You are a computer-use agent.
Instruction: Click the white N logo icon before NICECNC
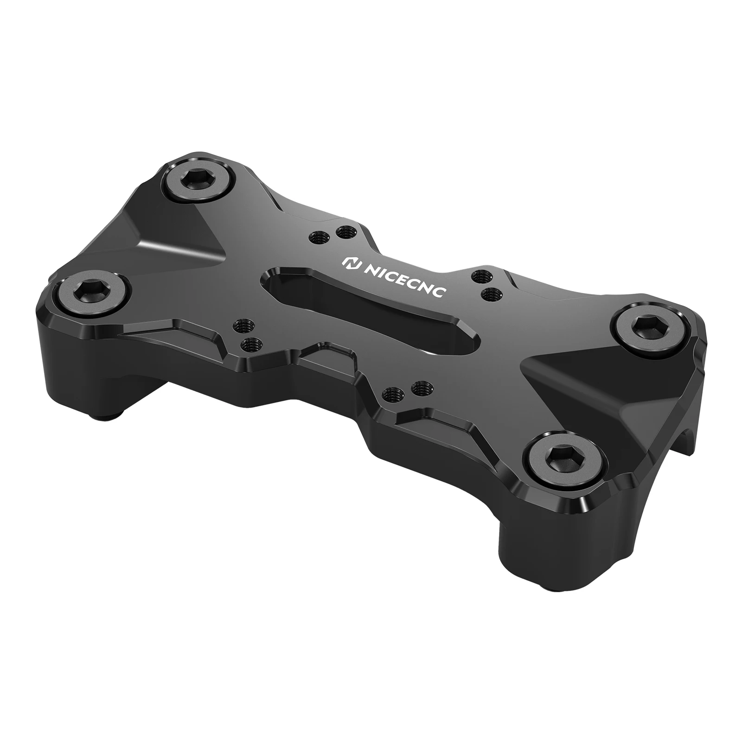tap(351, 263)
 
